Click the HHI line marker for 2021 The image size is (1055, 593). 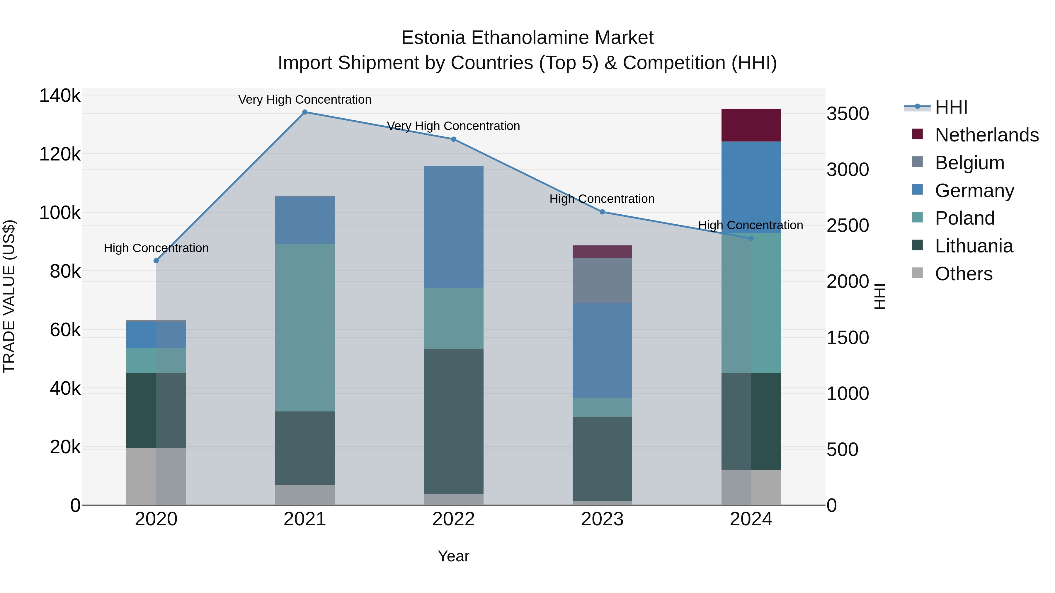[x=305, y=112]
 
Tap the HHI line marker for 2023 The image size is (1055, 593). [x=602, y=212]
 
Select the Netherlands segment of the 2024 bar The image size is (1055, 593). [x=751, y=125]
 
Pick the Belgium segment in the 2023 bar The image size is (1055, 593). [x=602, y=280]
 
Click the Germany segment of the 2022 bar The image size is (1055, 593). [x=453, y=227]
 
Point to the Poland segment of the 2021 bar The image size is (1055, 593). [x=305, y=327]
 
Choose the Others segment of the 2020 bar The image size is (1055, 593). [x=156, y=476]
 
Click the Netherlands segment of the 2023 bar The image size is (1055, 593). [x=602, y=252]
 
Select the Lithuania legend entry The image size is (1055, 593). [x=974, y=246]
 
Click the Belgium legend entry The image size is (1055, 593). [x=969, y=163]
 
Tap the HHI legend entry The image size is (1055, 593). [x=951, y=107]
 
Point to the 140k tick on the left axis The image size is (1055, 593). [x=60, y=96]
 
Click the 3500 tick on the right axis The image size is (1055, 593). [x=847, y=114]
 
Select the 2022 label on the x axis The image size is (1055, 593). [x=453, y=519]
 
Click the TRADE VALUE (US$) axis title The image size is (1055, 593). [x=9, y=296]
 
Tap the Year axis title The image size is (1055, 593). [x=453, y=556]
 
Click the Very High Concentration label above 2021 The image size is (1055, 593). [x=305, y=100]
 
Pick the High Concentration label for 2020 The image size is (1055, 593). [x=156, y=248]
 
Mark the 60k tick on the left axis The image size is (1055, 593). [x=65, y=330]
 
